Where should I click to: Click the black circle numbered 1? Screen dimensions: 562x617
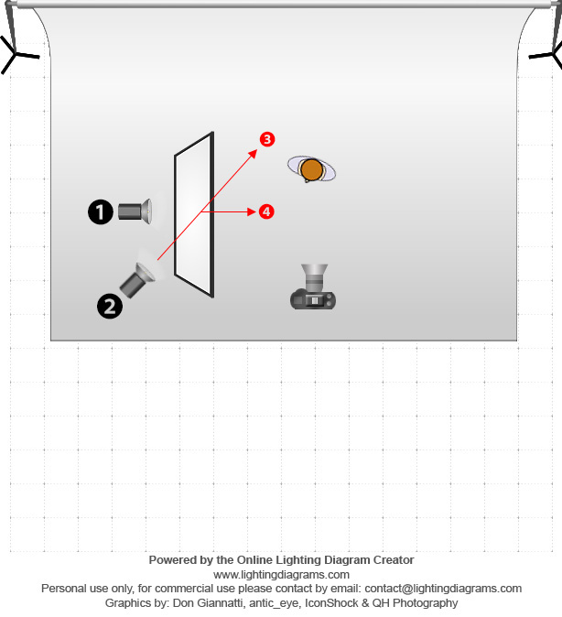(x=101, y=211)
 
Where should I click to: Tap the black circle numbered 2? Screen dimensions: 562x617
(x=110, y=306)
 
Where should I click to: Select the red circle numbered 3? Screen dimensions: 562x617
(x=267, y=139)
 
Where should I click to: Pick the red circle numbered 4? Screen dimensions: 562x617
(x=266, y=211)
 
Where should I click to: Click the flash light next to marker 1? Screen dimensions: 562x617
(x=135, y=211)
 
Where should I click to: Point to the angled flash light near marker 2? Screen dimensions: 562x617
(x=137, y=280)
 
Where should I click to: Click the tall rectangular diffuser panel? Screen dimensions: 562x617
(x=194, y=214)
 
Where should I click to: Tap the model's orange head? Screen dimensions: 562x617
(x=311, y=169)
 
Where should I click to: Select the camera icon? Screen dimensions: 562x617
(x=313, y=287)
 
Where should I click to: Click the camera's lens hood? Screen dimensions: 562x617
(x=315, y=270)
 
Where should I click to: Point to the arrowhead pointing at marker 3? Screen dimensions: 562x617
(x=253, y=154)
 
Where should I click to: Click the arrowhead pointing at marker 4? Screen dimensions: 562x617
(x=252, y=211)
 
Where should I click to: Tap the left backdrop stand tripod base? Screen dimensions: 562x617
(x=17, y=55)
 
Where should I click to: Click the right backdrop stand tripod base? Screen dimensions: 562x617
(x=547, y=55)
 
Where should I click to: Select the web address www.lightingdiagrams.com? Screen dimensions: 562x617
(x=281, y=575)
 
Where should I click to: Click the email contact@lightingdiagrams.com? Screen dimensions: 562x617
(x=443, y=589)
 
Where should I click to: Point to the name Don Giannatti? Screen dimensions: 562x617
(x=208, y=603)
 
